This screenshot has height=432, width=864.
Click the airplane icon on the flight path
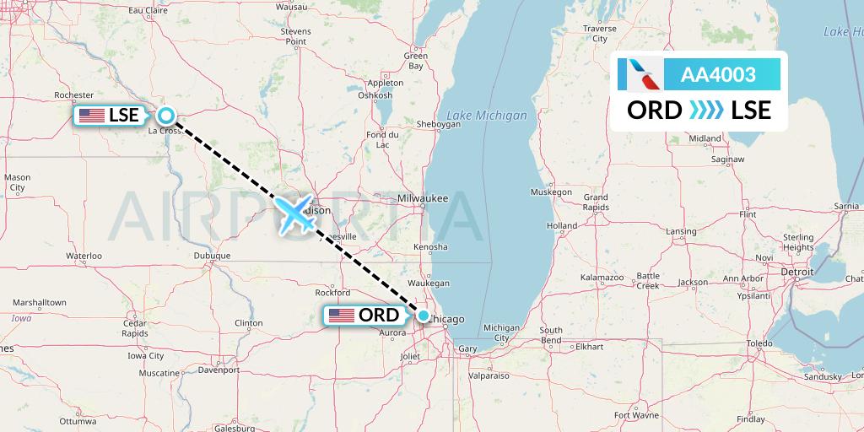[294, 213]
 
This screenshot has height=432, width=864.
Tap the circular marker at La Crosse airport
[166, 116]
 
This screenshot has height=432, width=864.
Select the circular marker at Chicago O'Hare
[424, 316]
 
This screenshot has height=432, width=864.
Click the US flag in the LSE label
[92, 116]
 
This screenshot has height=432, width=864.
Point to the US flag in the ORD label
[342, 316]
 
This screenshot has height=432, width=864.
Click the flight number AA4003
[719, 75]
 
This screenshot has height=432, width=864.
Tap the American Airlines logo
[639, 75]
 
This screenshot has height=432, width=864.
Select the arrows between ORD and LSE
[706, 111]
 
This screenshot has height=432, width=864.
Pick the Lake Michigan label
[486, 116]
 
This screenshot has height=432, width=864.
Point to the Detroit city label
[796, 273]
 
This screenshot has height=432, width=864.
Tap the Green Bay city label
[415, 61]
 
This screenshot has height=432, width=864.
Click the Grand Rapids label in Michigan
[596, 202]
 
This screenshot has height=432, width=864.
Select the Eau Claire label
[148, 11]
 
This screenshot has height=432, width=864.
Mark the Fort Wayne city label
[636, 415]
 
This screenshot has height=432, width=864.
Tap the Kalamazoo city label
[602, 278]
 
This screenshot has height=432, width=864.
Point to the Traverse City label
[600, 33]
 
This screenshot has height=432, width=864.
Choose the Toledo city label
[759, 343]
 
